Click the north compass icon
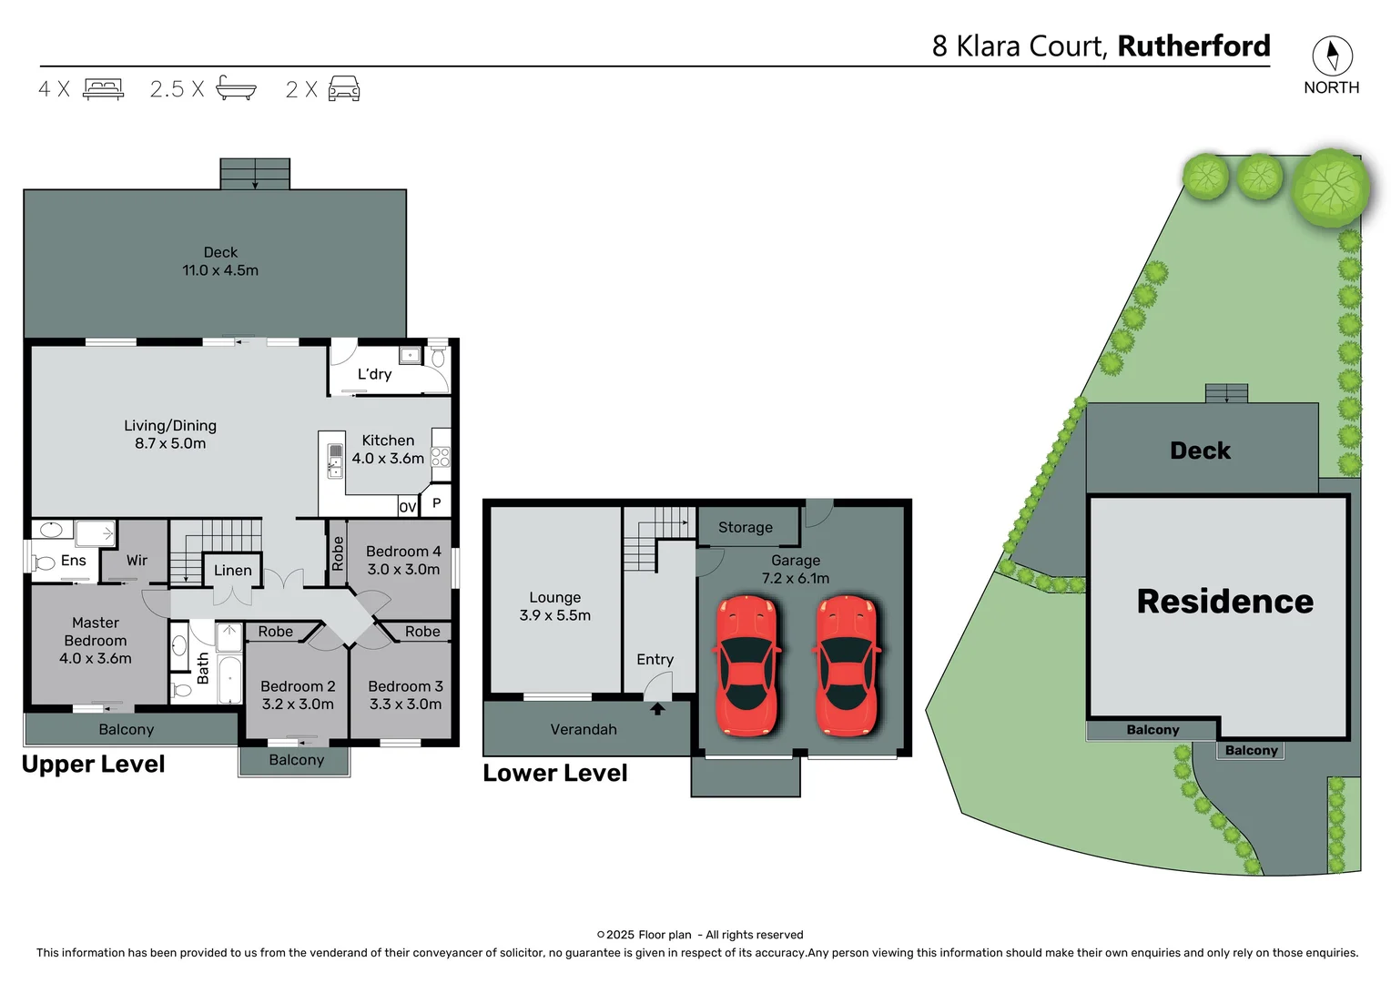[1332, 56]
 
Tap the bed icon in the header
[103, 88]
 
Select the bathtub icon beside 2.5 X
[236, 88]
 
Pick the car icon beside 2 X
[344, 88]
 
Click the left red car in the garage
[747, 665]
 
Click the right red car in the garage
[848, 665]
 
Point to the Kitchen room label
[388, 441]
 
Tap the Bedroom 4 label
[403, 552]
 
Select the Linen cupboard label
[233, 571]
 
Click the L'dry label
[374, 374]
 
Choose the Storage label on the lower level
[745, 528]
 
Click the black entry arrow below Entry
[657, 708]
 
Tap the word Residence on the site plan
[1224, 602]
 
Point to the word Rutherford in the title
[1193, 46]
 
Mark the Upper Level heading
[94, 765]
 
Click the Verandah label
[584, 730]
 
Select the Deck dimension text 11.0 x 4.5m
[220, 270]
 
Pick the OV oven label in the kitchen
[408, 507]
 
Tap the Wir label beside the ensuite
[137, 561]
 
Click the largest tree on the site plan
[1330, 188]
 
